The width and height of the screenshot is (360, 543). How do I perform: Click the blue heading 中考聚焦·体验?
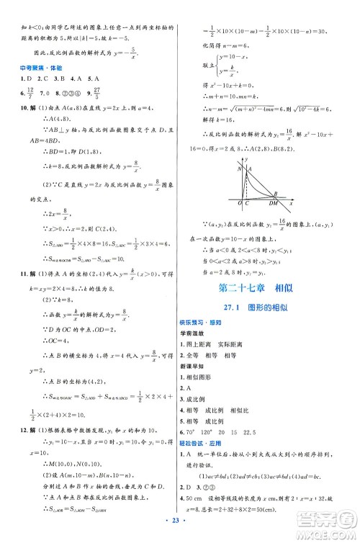[37, 69]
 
